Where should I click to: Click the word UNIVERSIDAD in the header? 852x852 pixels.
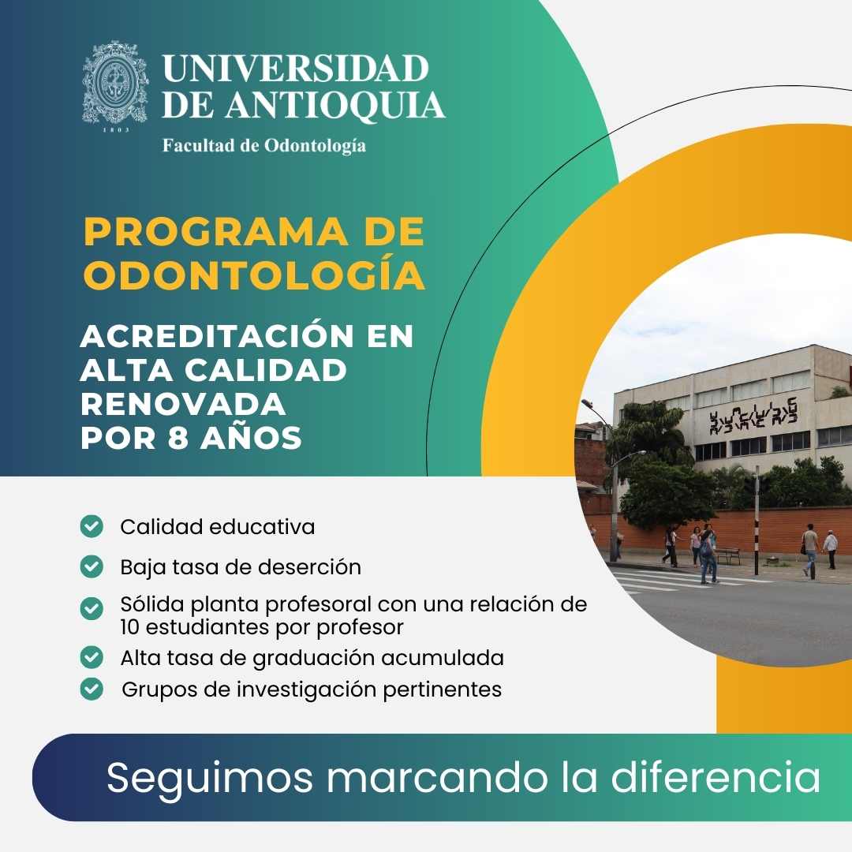(x=296, y=68)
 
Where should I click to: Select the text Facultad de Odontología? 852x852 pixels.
(x=264, y=146)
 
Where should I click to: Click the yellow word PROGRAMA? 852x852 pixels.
(x=216, y=232)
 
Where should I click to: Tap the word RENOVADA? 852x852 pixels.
(x=183, y=404)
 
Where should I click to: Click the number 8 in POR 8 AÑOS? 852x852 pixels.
(x=177, y=438)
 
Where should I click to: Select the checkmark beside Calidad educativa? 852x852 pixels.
(x=92, y=526)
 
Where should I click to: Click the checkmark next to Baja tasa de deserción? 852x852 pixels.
(x=92, y=566)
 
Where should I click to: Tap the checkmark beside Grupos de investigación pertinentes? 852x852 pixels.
(x=92, y=689)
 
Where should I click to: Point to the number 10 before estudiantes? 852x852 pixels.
(x=130, y=627)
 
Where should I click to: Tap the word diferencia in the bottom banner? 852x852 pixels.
(x=716, y=777)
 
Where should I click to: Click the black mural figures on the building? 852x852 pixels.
(x=753, y=417)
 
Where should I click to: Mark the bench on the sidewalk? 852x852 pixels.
(x=727, y=555)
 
